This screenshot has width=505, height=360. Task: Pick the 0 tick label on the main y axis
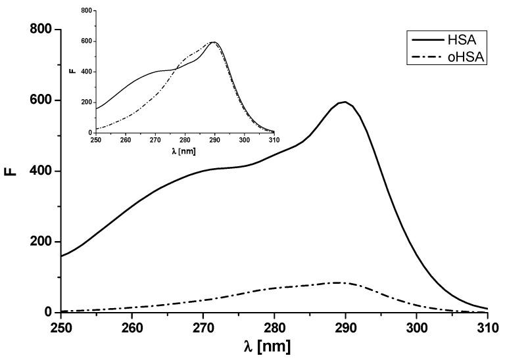47,313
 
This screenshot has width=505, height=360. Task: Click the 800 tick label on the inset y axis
86,11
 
